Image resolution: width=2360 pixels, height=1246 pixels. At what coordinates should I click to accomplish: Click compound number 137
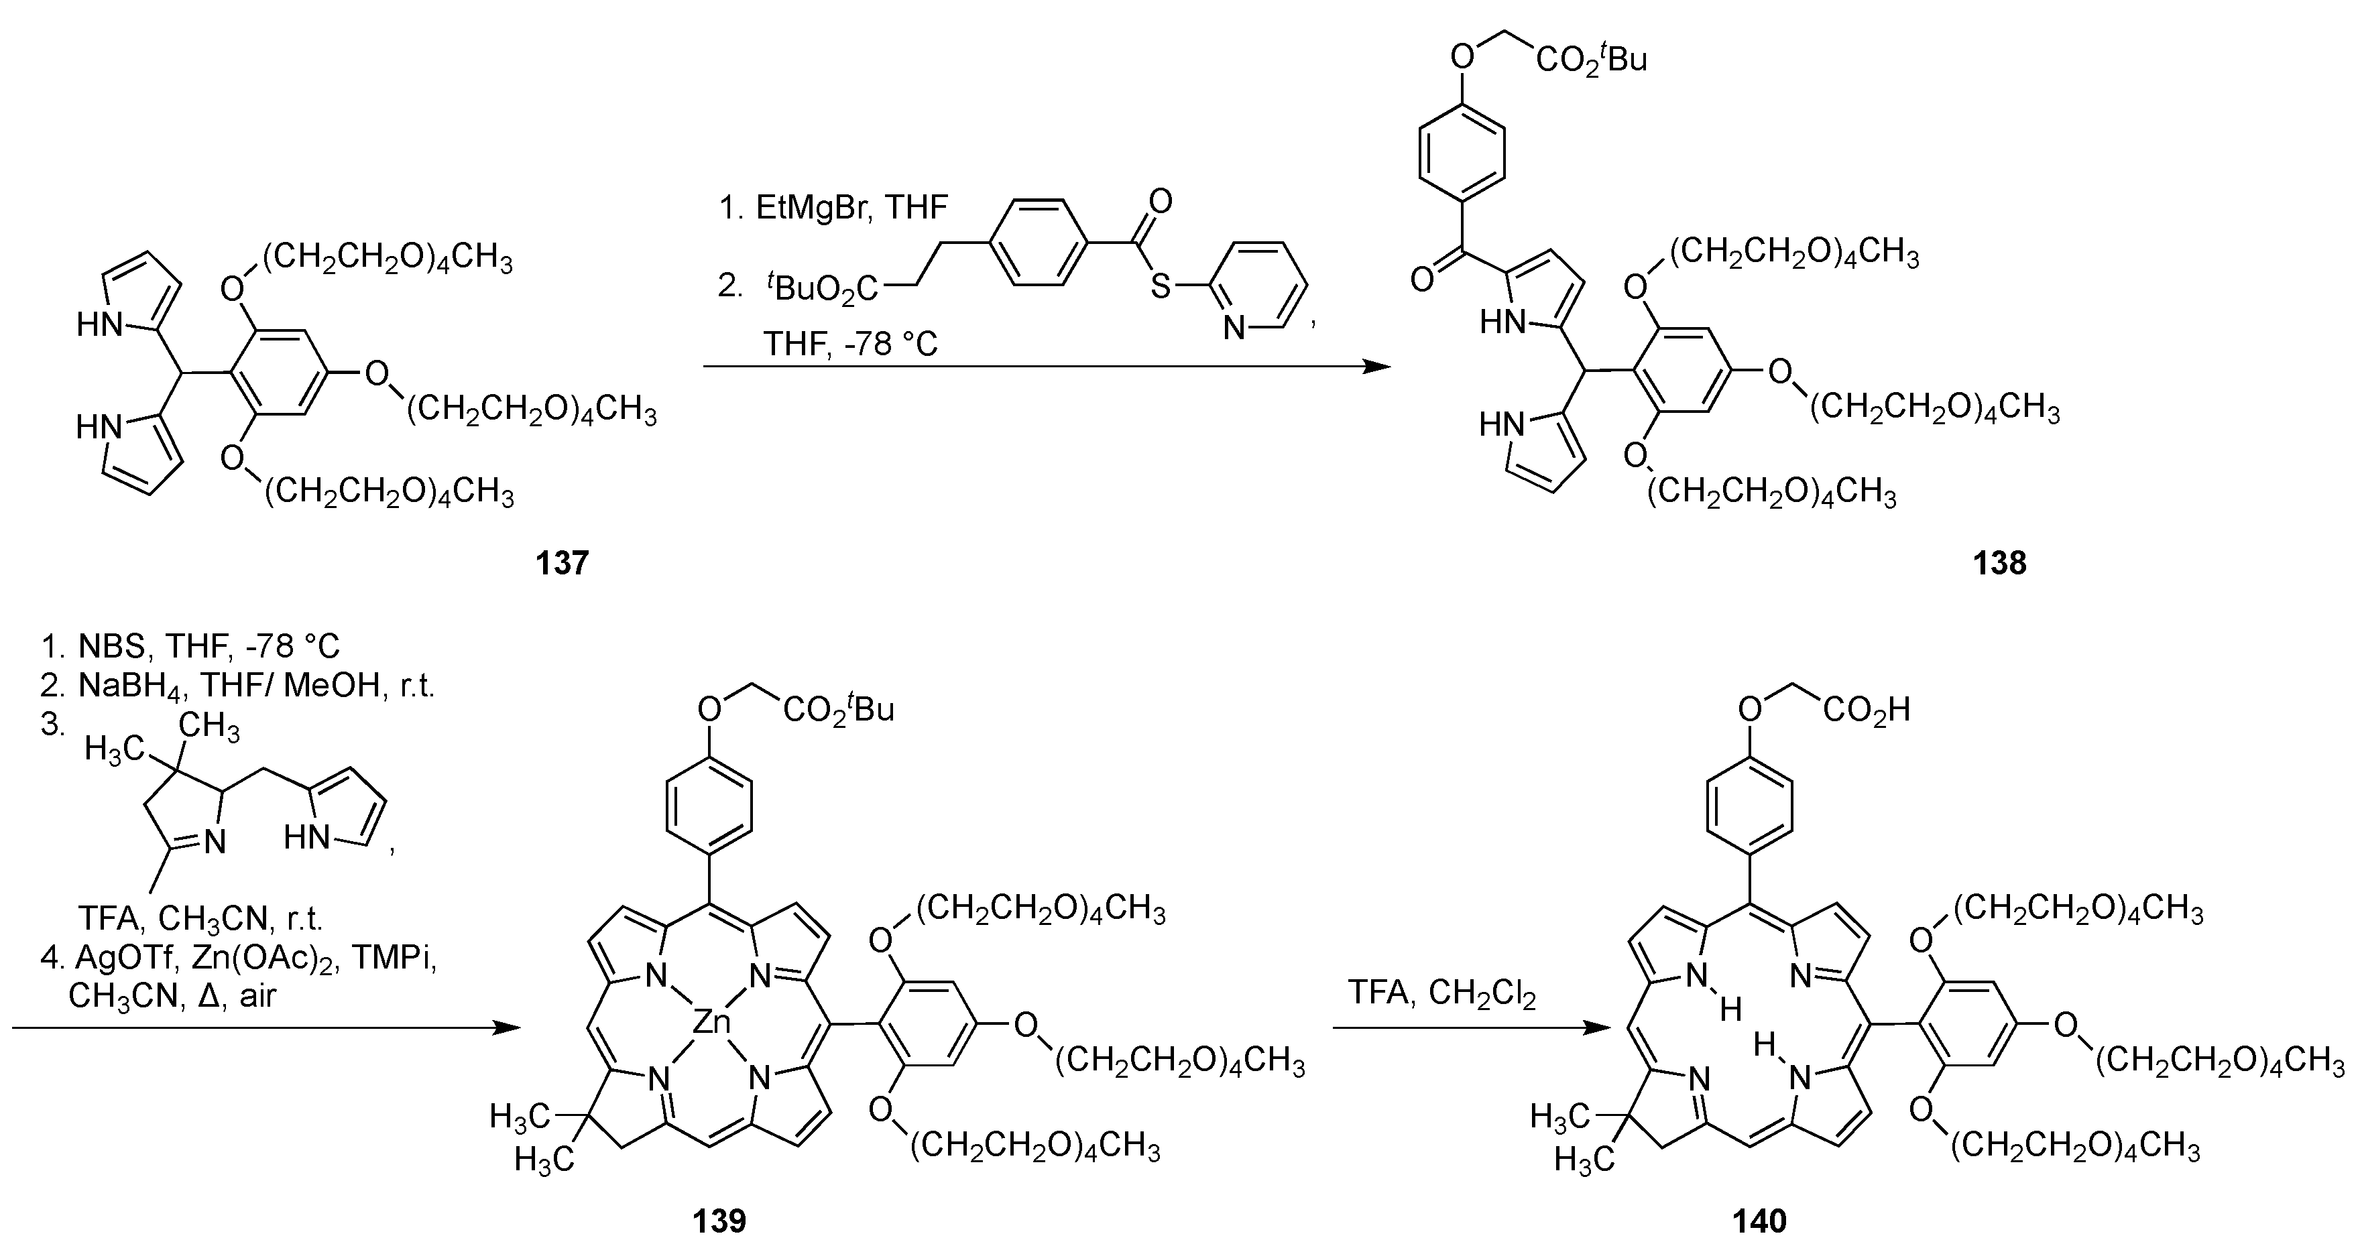562,562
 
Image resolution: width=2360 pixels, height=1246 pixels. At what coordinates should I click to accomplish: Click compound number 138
1999,562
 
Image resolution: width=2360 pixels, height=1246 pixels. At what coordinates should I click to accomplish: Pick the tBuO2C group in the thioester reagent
822,289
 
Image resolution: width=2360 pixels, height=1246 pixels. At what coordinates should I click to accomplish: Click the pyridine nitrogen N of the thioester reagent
1235,328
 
